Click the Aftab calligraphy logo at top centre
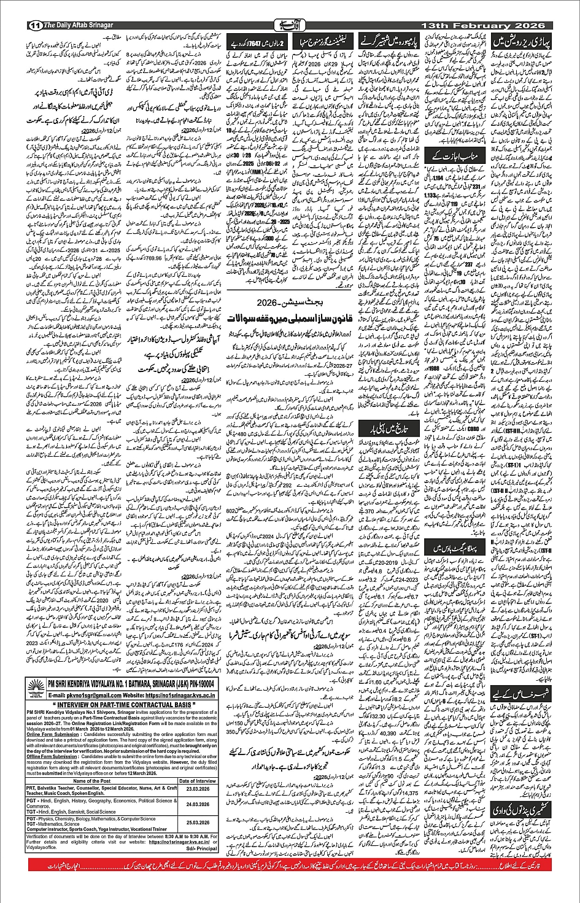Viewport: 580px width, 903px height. point(290,25)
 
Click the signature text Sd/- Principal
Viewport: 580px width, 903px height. point(203,849)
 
